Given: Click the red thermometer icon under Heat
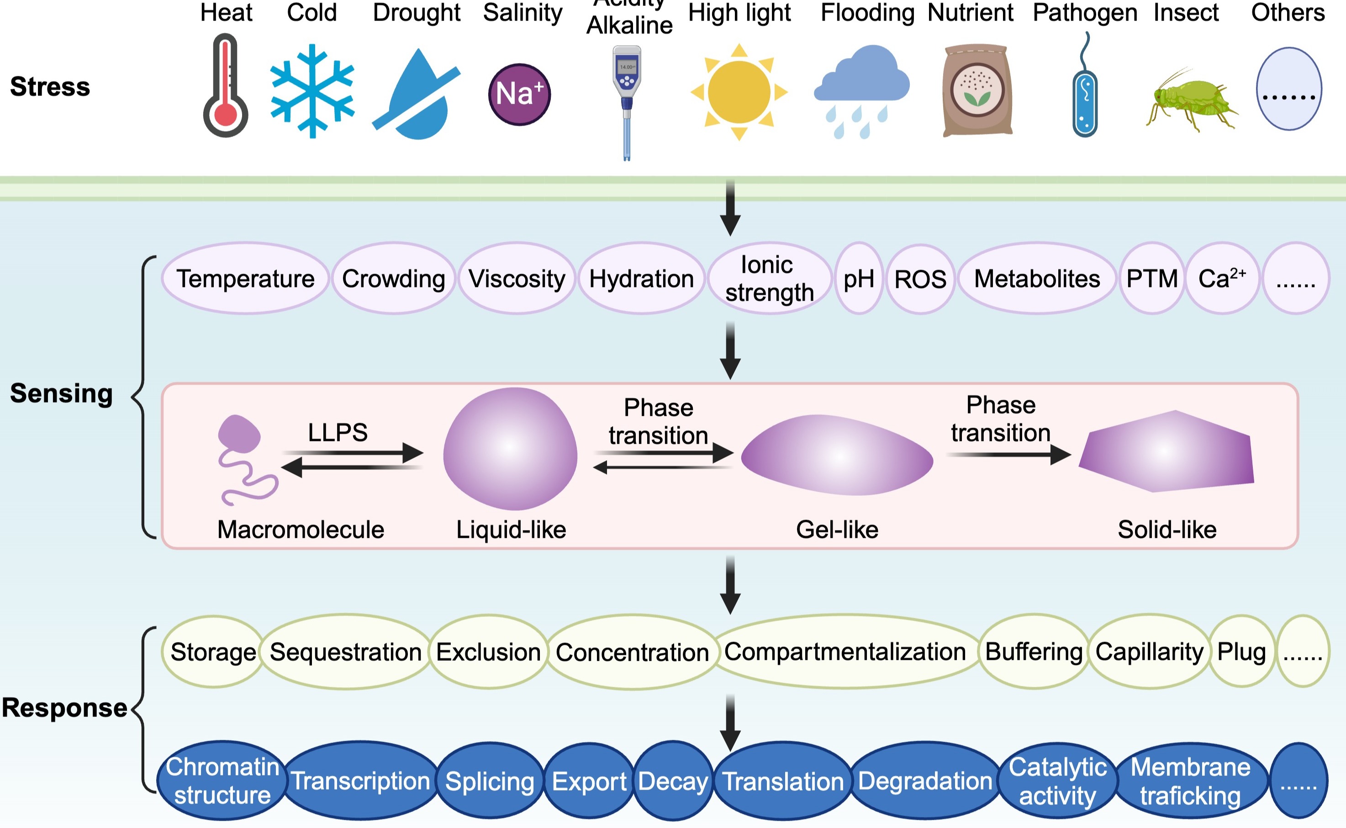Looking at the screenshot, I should click(226, 86).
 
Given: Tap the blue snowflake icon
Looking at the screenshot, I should click(312, 91).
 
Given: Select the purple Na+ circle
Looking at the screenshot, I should click(519, 94).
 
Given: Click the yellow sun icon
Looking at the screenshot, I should click(739, 92).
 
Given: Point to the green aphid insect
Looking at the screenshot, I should click(1191, 102).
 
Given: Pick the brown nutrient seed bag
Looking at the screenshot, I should click(977, 90).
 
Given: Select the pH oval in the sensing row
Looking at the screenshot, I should click(859, 279).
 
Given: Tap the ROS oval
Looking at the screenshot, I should click(920, 279).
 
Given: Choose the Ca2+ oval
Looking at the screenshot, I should click(1222, 279).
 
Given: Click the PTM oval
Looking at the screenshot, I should click(1152, 279).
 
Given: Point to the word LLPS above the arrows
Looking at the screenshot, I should click(338, 433).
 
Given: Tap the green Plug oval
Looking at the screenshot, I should click(1241, 652).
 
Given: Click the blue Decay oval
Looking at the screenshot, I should click(673, 781).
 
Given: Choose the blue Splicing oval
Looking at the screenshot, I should click(489, 781).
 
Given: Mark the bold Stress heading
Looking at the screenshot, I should click(50, 86).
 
